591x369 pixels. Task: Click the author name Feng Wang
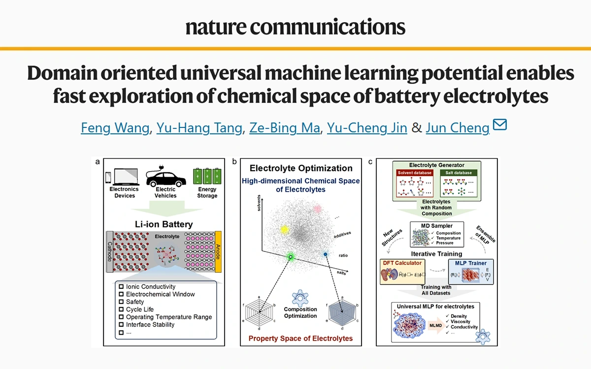[x=115, y=128]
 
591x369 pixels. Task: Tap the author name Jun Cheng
[x=458, y=128]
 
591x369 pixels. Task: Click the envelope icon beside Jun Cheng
[x=499, y=126]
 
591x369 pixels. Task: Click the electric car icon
[x=165, y=176]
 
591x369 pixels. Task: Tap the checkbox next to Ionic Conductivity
[x=121, y=287]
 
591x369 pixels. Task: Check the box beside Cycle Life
[x=121, y=309]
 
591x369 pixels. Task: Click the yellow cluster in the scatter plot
[x=284, y=229]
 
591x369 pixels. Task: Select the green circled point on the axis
[x=291, y=257]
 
